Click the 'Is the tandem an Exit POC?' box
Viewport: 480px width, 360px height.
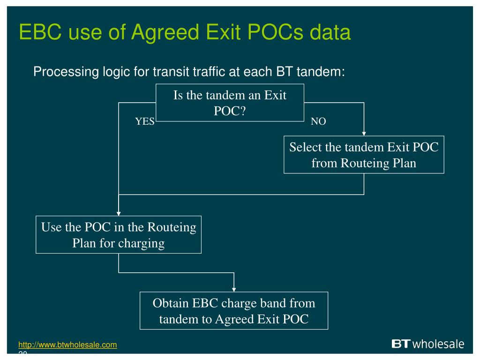point(230,103)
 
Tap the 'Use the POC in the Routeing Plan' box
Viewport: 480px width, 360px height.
point(119,235)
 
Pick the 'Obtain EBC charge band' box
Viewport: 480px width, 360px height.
point(234,311)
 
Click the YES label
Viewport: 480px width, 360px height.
point(145,122)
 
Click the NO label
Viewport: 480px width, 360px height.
point(318,122)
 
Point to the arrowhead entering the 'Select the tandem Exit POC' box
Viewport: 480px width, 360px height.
point(364,134)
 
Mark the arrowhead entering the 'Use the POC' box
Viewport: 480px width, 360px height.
point(119,213)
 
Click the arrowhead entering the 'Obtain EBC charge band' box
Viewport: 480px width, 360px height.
point(234,289)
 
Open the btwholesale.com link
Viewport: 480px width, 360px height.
point(67,345)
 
